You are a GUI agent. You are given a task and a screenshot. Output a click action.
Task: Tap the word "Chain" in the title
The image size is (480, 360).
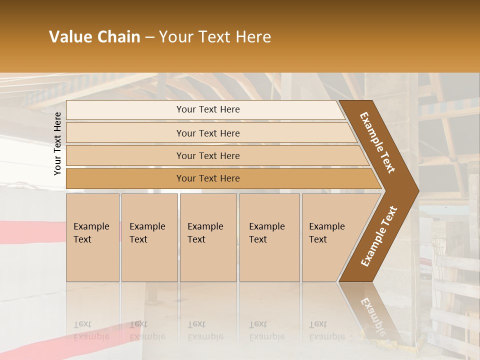click(119, 37)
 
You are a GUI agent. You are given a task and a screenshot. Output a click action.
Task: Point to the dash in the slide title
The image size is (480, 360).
click(149, 37)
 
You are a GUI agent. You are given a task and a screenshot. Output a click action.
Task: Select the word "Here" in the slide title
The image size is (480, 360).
click(253, 37)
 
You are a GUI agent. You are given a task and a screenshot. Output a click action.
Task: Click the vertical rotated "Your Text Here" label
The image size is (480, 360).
click(57, 143)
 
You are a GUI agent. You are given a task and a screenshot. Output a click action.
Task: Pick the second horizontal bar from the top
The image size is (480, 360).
click(208, 133)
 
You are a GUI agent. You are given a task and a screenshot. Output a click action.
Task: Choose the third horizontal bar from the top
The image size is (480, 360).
click(208, 155)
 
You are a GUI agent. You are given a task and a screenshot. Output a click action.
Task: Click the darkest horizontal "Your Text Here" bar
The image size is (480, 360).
click(208, 178)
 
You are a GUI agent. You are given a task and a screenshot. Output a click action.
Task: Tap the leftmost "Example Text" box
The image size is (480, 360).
click(92, 237)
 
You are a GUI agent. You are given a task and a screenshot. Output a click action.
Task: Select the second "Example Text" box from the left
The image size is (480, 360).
click(149, 237)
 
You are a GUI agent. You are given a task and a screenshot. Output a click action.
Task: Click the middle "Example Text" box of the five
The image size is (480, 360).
click(208, 237)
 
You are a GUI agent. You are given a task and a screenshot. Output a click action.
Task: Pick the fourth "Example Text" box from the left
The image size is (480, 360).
click(269, 237)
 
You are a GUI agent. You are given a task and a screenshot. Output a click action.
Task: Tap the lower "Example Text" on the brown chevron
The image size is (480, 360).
click(379, 236)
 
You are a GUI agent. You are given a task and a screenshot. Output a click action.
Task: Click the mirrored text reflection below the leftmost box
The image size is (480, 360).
click(91, 330)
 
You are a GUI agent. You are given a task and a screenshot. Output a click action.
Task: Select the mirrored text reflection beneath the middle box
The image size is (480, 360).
click(205, 330)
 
